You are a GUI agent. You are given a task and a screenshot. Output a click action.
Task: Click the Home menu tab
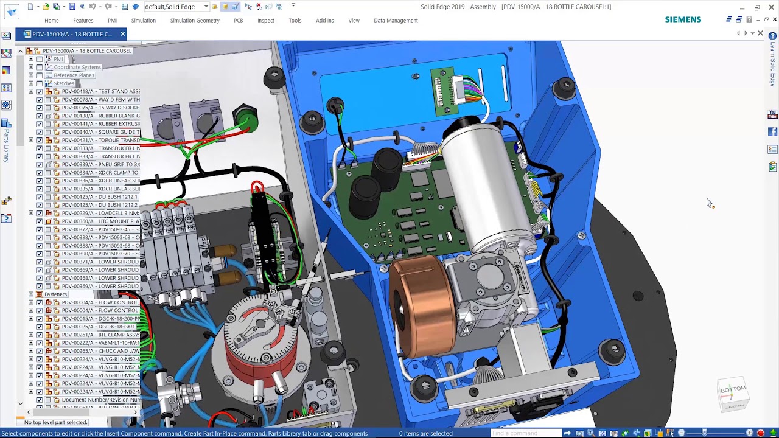coord(51,20)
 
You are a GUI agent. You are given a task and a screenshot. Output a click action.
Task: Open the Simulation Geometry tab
coord(195,20)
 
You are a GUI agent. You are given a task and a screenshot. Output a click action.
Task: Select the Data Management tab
coord(396,20)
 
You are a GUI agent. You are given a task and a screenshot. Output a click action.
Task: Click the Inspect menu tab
coord(266,20)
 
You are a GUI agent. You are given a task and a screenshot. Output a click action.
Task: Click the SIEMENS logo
coord(683,19)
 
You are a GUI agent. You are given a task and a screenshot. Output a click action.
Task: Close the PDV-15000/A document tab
coord(122,34)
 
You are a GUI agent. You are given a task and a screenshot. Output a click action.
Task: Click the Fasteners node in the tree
coord(55,294)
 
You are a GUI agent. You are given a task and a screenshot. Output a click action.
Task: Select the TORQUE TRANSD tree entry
coord(100,140)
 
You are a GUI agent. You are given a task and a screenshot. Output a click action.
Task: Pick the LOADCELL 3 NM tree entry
coord(100,213)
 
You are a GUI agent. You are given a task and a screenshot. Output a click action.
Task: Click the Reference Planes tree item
coord(74,75)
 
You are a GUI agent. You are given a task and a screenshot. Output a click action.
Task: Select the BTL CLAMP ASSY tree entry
coord(100,335)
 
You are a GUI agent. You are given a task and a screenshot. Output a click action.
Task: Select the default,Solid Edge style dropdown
coord(176,7)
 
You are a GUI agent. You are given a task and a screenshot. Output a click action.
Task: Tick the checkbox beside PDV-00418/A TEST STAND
coord(40,91)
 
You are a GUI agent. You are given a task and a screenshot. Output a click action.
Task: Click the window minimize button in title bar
coord(742,7)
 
